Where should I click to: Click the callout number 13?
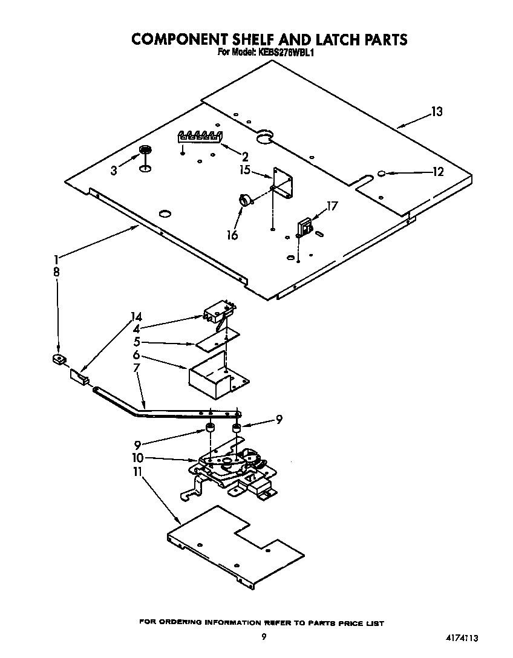(436, 112)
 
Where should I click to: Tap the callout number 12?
(437, 172)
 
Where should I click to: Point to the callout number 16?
(232, 235)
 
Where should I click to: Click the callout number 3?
(114, 171)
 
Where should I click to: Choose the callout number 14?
(136, 317)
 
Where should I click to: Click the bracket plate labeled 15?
(283, 183)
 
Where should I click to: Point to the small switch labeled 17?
(304, 227)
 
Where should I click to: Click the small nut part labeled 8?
(58, 360)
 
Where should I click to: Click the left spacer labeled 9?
(210, 430)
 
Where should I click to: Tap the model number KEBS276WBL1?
(284, 53)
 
